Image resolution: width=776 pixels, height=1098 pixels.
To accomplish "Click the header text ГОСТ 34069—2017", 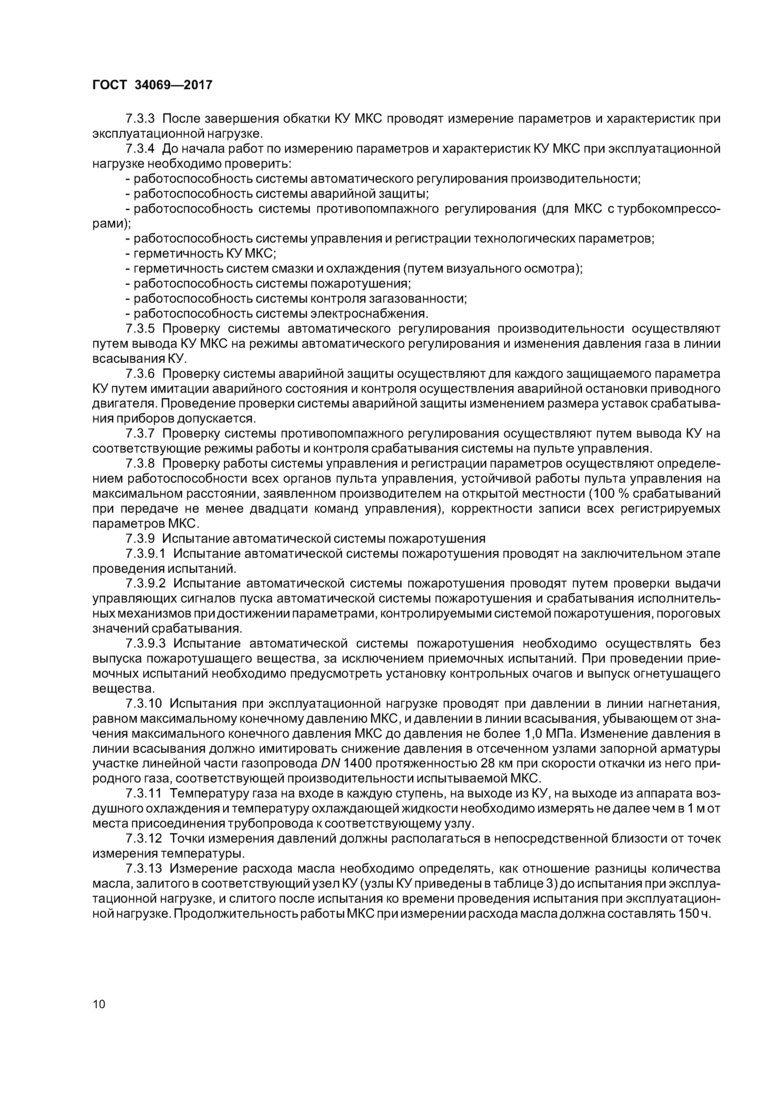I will [x=151, y=85].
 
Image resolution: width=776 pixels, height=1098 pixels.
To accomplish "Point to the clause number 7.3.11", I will [x=144, y=793].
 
